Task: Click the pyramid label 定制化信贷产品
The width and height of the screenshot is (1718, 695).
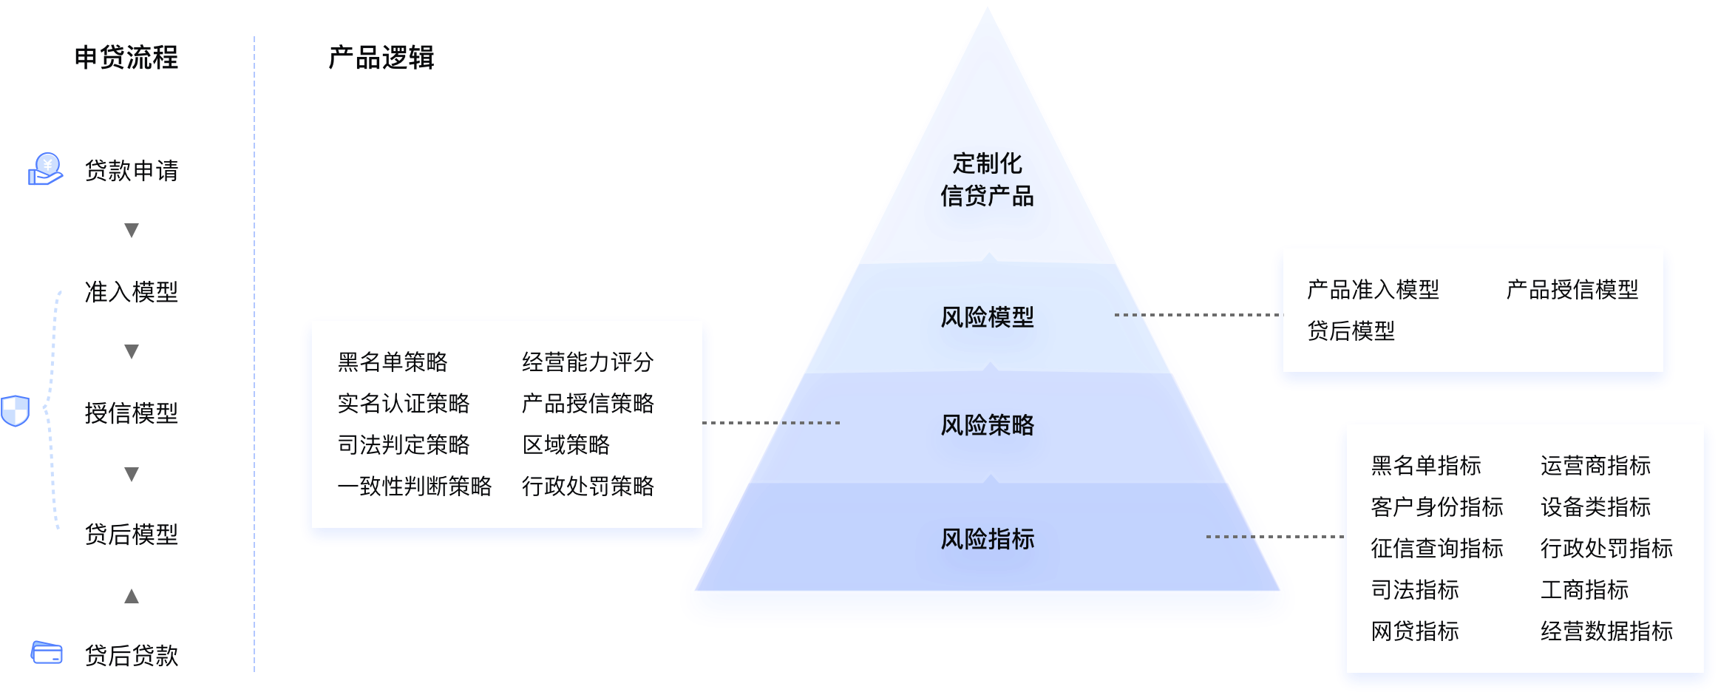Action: [987, 180]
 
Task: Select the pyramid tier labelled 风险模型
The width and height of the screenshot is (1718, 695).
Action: [987, 317]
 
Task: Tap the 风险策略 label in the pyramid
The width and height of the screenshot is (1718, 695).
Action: [987, 425]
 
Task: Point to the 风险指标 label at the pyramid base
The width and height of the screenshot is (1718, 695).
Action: [987, 539]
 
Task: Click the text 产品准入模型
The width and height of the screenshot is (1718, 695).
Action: [1373, 289]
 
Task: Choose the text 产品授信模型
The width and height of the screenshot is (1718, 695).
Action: [1572, 289]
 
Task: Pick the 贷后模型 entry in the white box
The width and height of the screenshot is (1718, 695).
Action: [1351, 330]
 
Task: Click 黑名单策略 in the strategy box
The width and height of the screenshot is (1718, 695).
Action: [393, 362]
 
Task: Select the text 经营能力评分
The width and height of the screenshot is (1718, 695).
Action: [588, 362]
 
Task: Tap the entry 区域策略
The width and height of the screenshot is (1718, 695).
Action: [566, 444]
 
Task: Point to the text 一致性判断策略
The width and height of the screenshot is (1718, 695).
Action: [415, 486]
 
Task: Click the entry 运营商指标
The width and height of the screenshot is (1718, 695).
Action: [1595, 465]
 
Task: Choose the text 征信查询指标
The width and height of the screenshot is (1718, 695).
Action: [1437, 548]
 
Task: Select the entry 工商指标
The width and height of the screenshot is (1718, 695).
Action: [1584, 589]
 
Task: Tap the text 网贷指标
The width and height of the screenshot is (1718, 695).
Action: [1415, 631]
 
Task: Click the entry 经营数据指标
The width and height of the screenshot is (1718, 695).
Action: [1606, 631]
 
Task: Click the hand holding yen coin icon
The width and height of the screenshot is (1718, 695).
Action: [45, 169]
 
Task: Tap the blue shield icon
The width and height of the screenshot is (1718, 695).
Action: [15, 410]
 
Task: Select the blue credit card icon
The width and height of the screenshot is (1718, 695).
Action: [47, 653]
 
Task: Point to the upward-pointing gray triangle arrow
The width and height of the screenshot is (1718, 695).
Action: [132, 595]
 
